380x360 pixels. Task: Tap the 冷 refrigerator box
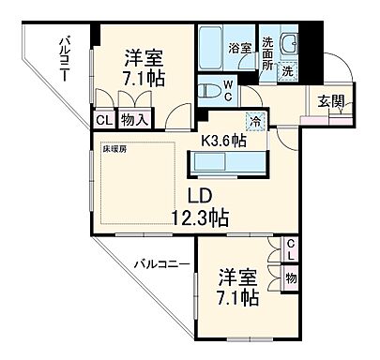[x=254, y=119]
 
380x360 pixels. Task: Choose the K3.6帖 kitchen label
[x=223, y=141]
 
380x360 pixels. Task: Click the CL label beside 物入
[x=102, y=119]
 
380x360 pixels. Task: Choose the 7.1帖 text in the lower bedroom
[x=238, y=299]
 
